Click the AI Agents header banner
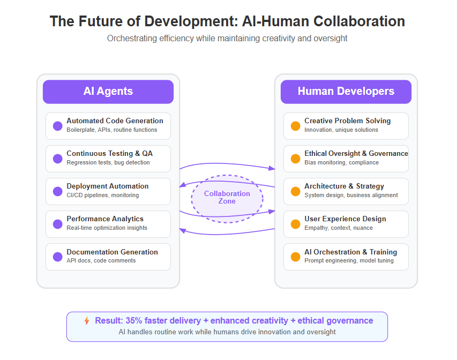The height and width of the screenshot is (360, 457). [108, 92]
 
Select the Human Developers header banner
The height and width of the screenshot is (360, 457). [346, 92]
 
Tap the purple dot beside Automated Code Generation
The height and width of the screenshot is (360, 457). [58, 126]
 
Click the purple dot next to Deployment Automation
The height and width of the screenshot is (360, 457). [58, 191]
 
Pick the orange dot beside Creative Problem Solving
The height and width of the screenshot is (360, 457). [296, 126]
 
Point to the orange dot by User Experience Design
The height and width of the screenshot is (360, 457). [296, 224]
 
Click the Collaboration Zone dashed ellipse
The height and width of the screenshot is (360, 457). [227, 176]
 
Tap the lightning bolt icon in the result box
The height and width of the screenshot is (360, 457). [87, 321]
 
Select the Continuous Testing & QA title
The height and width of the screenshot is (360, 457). [110, 153]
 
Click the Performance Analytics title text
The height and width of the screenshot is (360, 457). [105, 219]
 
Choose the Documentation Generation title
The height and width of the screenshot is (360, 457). [112, 252]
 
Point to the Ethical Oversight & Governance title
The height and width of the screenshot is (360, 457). [356, 153]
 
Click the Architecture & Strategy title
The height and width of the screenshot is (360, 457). [344, 186]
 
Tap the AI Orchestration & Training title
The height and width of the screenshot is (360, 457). [350, 252]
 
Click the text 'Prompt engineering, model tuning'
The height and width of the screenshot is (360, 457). [349, 260]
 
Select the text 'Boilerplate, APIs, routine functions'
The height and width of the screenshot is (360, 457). [111, 130]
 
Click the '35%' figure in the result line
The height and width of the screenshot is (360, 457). [134, 321]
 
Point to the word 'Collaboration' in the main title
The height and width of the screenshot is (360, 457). [359, 21]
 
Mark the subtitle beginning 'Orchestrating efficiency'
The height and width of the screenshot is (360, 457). [227, 39]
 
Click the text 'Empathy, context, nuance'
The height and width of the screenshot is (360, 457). [339, 228]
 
